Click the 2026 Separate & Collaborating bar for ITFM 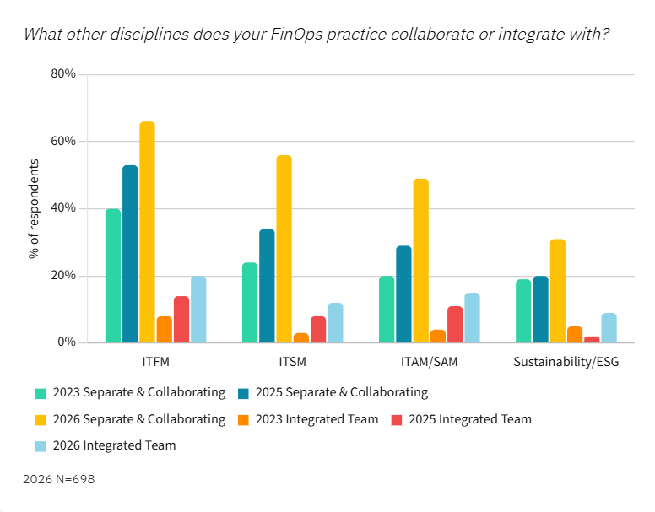tap(147, 233)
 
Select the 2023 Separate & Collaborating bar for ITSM tap(250, 303)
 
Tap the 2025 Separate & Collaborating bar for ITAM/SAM tap(403, 294)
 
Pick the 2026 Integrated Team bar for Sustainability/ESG tap(609, 328)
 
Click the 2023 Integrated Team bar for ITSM tap(300, 338)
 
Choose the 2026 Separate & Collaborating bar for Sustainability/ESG tap(557, 291)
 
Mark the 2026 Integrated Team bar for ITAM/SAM tap(472, 318)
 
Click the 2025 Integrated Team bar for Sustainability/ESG tap(592, 340)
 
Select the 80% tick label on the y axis tap(64, 74)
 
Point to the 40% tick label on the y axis tap(64, 208)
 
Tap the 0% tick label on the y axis tap(68, 343)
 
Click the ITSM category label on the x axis tap(292, 363)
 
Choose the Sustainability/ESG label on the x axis tap(566, 363)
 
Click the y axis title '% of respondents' tap(34, 208)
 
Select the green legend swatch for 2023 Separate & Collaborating tap(41, 393)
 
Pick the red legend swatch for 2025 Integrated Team tap(397, 419)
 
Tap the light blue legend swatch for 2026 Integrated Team tap(41, 445)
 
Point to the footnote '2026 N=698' tap(59, 479)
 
